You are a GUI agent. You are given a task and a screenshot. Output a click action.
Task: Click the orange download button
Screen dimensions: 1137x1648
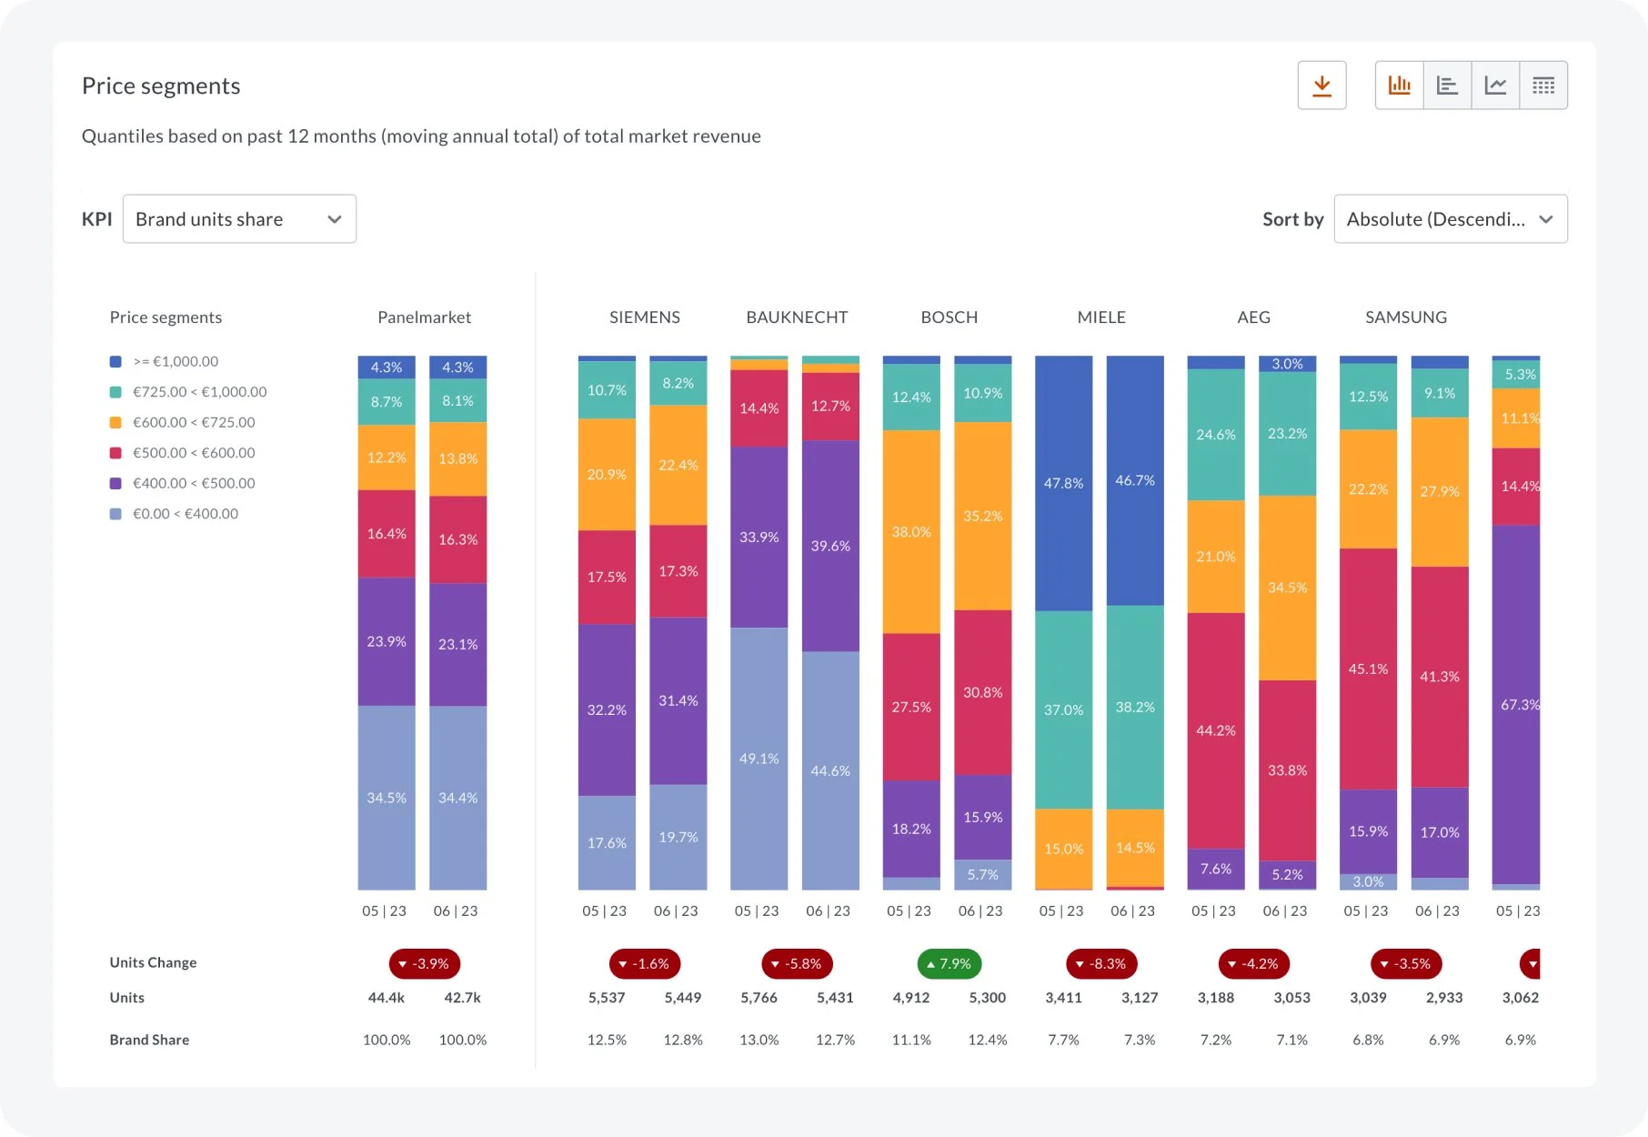coord(1321,86)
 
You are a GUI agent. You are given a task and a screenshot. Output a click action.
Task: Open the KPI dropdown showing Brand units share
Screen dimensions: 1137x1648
coord(239,219)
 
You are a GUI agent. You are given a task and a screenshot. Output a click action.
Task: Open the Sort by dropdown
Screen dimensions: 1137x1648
coord(1450,219)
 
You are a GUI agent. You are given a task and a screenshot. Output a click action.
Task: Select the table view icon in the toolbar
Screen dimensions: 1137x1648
coord(1542,86)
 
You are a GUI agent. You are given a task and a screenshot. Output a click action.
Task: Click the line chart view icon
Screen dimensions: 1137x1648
coord(1495,86)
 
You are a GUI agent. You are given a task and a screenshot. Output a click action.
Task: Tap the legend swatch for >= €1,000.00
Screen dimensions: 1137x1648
coord(116,362)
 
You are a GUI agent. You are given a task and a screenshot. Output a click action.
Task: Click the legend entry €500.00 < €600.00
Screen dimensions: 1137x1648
coord(194,453)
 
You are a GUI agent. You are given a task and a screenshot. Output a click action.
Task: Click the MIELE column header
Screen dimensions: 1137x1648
coord(1100,317)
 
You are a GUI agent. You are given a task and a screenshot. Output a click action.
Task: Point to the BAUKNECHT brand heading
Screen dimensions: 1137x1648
coord(797,317)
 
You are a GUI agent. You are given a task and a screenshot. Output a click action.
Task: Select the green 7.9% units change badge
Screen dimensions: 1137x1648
coord(949,963)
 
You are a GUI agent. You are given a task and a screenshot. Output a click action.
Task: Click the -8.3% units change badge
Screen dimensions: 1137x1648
coord(1100,963)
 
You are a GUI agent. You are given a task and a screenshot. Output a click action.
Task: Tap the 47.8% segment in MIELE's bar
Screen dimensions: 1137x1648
coord(1063,483)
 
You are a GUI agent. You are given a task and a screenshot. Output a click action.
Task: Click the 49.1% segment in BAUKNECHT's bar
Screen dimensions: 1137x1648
coord(759,759)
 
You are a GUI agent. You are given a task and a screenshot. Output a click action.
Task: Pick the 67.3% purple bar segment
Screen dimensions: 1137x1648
coord(1516,704)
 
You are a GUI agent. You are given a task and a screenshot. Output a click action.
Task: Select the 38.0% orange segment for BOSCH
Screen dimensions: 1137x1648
coord(911,531)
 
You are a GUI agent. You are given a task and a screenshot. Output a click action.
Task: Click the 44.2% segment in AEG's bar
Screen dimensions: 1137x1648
coord(1215,730)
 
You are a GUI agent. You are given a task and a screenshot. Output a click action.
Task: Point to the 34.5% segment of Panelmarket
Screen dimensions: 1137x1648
coord(387,798)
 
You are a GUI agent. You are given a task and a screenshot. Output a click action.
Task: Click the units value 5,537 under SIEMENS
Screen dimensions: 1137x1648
coord(607,998)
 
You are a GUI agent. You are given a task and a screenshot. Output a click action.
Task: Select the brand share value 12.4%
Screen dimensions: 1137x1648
coord(987,1040)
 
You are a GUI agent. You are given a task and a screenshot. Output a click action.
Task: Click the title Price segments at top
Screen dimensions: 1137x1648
coord(161,86)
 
